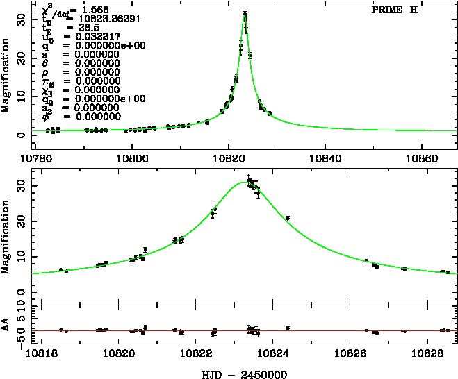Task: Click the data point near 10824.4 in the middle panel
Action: click(x=288, y=219)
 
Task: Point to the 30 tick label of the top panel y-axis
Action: click(x=22, y=22)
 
